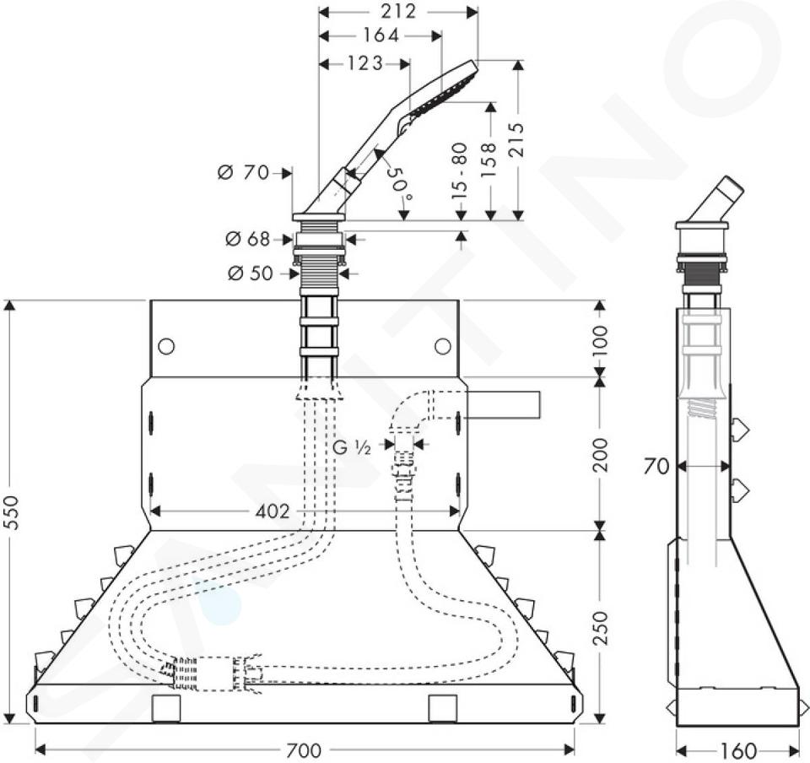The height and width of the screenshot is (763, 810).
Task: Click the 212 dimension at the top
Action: coord(399,11)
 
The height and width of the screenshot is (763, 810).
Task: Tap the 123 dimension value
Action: coord(365,63)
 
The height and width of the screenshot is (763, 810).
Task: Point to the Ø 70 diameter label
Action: coord(244,172)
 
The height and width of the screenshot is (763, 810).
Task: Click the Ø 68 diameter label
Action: coord(248,239)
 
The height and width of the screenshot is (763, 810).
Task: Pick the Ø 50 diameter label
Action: coord(250,273)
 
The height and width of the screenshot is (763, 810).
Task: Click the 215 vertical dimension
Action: coord(516,140)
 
